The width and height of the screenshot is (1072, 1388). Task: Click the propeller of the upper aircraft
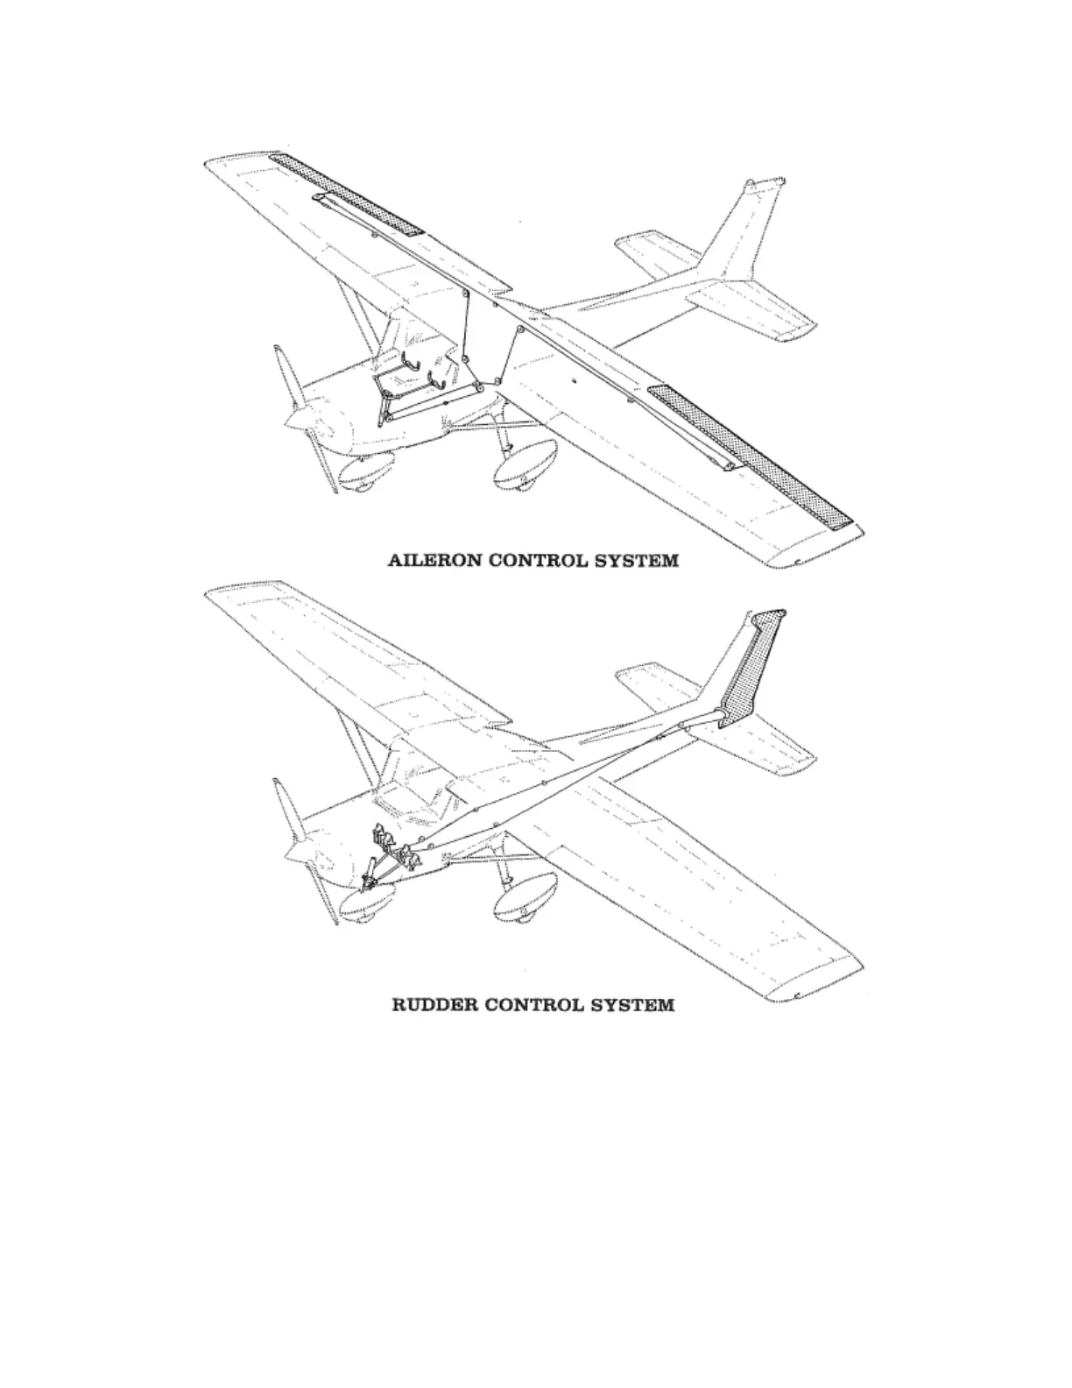pos(298,412)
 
